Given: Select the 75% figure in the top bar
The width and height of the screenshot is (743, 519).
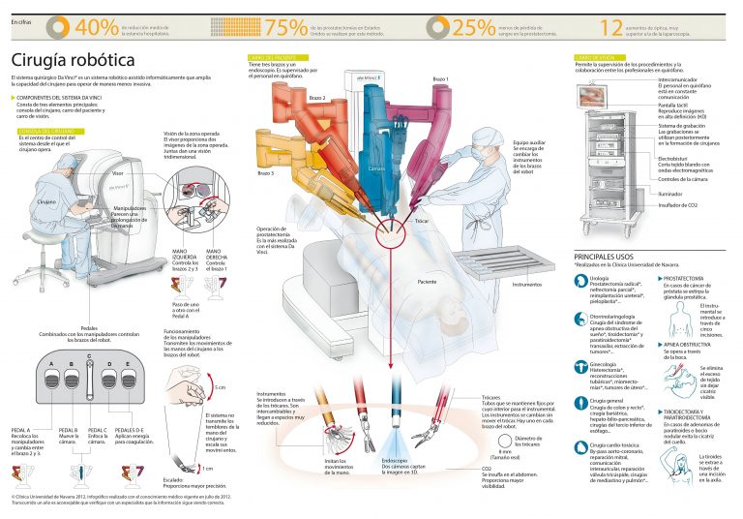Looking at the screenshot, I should (284, 27).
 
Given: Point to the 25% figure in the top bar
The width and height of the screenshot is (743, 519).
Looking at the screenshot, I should (474, 27).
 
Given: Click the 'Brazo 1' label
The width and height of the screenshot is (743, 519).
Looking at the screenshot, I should (440, 78).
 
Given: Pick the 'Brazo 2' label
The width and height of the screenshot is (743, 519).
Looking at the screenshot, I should (290, 99).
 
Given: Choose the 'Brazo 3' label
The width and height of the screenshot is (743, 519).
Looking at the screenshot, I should (265, 172).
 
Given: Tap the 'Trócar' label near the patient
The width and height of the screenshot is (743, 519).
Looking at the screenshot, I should (422, 222).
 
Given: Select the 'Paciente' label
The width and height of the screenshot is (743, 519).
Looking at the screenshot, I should (426, 282).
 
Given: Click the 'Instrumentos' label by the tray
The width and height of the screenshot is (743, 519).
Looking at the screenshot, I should (526, 285).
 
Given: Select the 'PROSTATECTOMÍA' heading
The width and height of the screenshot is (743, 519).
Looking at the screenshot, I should (686, 276).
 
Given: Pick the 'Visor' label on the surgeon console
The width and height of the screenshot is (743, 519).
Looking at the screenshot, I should (117, 172).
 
